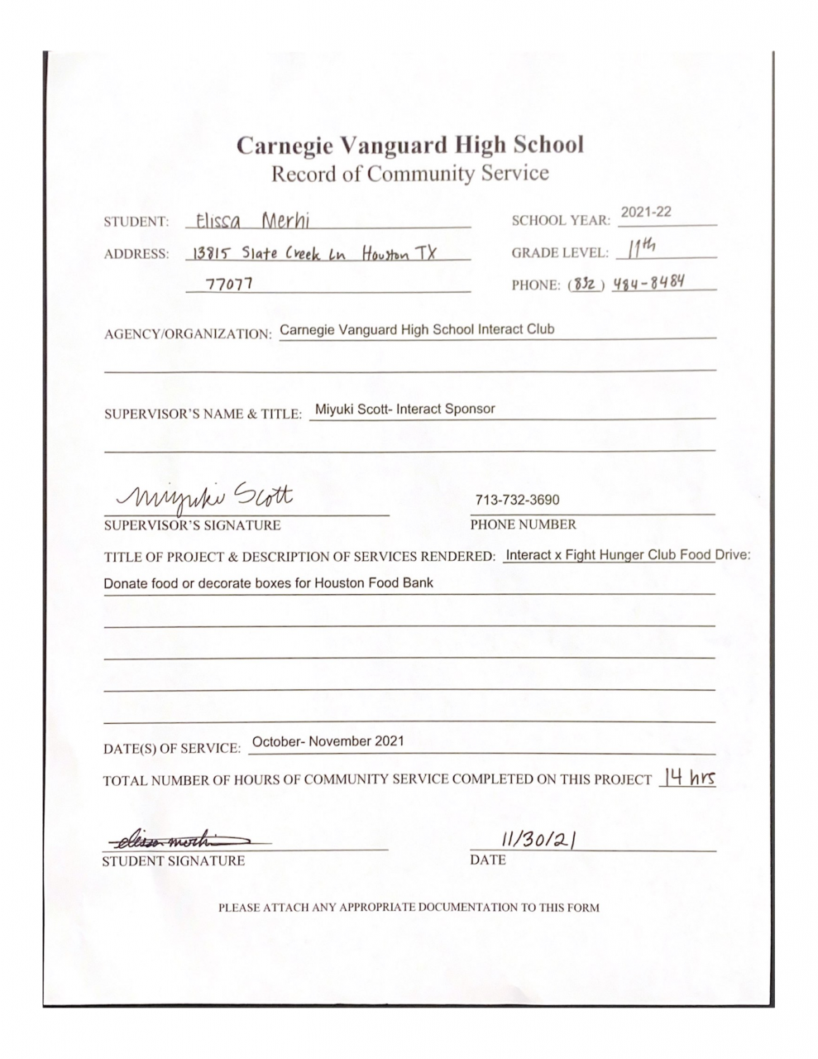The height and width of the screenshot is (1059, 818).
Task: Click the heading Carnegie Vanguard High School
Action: [x=409, y=145]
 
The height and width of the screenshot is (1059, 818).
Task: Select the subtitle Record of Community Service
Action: [x=409, y=174]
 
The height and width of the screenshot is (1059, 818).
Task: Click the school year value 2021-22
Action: [x=646, y=213]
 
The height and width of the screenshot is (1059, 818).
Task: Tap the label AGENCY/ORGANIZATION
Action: [x=187, y=334]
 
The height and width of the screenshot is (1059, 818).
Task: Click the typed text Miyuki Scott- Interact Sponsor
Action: [x=405, y=409]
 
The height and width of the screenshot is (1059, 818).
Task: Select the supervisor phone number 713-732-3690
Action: [x=517, y=501]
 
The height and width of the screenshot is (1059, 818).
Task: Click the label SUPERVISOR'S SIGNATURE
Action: [x=192, y=525]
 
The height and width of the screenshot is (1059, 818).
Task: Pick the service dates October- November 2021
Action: [x=328, y=741]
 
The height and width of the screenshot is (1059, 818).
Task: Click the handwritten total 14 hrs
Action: [x=686, y=779]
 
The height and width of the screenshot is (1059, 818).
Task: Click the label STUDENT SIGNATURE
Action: [x=173, y=861]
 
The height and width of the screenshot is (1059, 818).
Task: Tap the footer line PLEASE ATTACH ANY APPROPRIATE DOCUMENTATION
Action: [x=409, y=908]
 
